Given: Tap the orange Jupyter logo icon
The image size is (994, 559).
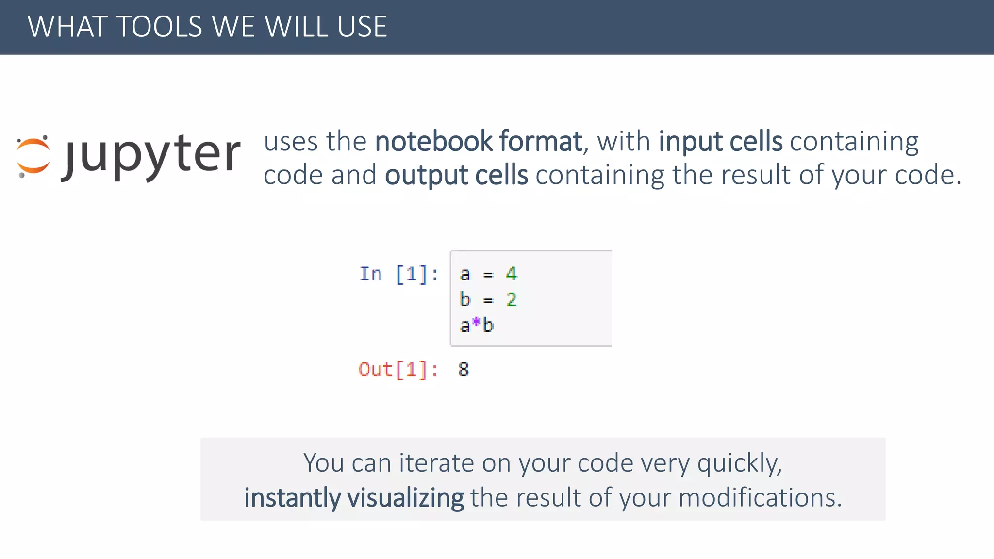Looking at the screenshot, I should point(33,156).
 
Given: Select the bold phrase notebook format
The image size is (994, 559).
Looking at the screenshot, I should point(478,141).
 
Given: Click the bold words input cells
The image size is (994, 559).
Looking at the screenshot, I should point(720,141).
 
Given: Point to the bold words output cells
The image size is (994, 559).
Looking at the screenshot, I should point(456,175).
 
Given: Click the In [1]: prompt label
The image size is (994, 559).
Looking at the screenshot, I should point(399,274).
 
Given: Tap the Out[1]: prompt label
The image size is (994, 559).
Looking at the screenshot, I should point(398,370).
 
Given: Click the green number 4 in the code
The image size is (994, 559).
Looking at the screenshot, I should point(511,274).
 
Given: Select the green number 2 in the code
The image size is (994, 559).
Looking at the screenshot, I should point(512,300).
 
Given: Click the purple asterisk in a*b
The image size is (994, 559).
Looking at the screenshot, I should point(476,323).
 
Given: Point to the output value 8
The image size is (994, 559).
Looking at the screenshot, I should point(464,370).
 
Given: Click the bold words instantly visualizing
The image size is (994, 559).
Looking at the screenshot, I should point(354,498).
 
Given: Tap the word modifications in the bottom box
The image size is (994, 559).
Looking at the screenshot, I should point(760,498).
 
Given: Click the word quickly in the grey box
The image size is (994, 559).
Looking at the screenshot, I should point(739,463).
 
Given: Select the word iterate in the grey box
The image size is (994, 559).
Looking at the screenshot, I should point(436,463).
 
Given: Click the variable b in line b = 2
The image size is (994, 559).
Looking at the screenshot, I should point(465,299).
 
